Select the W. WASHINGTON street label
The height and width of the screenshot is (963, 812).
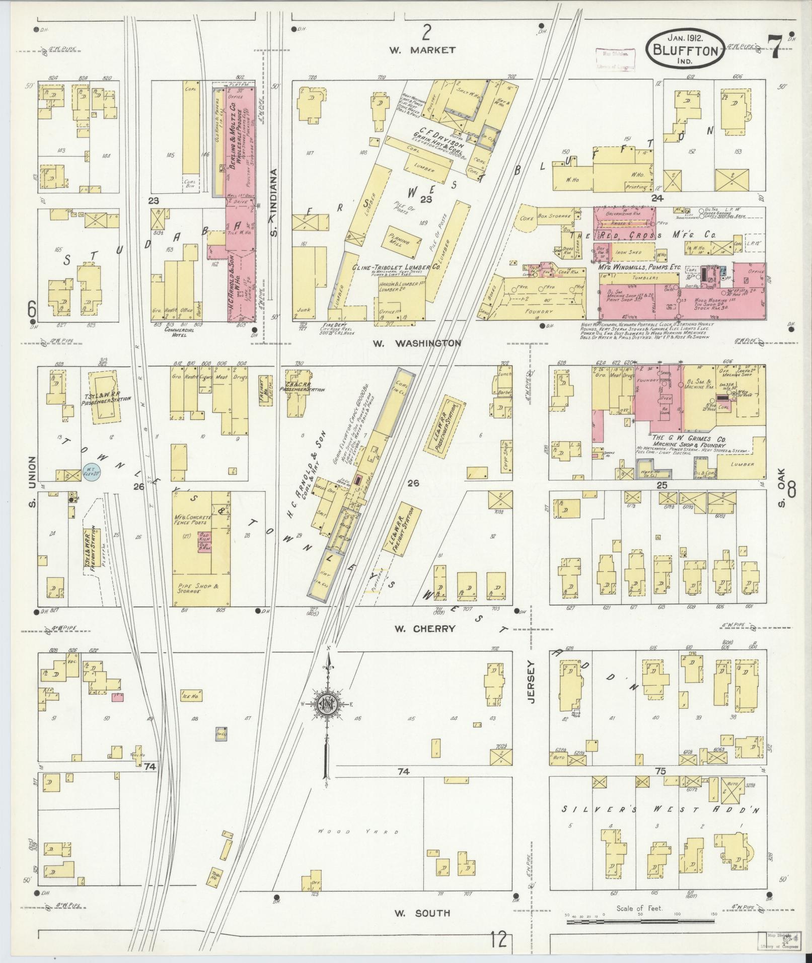[417, 343]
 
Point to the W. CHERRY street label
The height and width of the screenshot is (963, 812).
[425, 628]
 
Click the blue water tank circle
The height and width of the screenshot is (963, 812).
[92, 472]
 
